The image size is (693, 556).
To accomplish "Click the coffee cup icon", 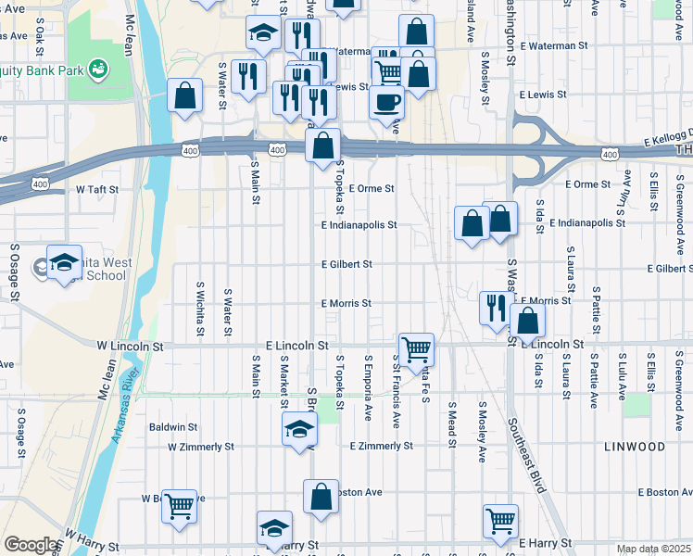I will (386, 101).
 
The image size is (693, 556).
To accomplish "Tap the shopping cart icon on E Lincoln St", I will (417, 348).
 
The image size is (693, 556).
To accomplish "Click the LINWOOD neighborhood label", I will (635, 447).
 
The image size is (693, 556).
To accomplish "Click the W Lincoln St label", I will (130, 346).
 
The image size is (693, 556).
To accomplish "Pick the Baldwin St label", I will (173, 427).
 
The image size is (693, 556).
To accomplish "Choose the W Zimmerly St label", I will (201, 447).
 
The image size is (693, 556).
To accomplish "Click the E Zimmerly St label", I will (382, 446).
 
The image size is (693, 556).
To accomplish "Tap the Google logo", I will (30, 545).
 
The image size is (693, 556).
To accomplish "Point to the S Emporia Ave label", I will (368, 384).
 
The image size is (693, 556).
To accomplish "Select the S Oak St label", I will (41, 40).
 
